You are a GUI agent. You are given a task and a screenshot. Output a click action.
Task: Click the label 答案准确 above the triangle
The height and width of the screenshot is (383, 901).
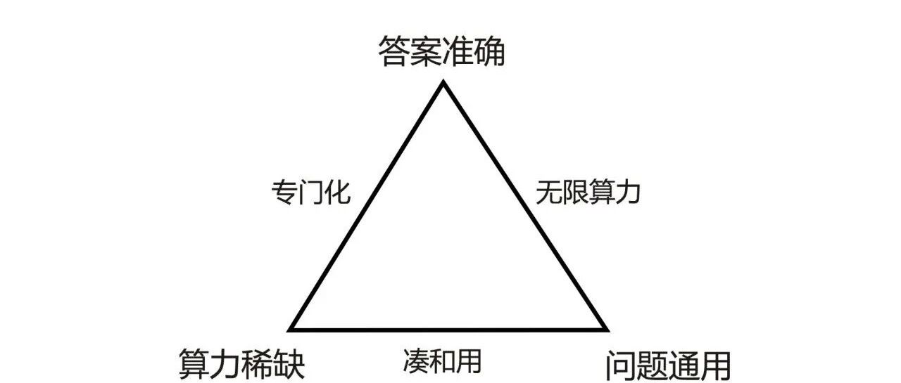[x=441, y=51]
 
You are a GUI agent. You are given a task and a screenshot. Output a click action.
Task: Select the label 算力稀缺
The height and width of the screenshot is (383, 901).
[x=241, y=364]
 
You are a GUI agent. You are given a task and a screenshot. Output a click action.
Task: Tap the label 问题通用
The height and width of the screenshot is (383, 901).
[x=668, y=365]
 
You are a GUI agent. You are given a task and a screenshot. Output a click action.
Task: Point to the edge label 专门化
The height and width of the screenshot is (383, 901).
[x=311, y=193]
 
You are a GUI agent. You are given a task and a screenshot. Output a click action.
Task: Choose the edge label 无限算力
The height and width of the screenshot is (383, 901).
[x=588, y=193]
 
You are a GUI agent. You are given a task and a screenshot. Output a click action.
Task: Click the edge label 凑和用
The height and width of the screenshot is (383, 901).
[x=442, y=361]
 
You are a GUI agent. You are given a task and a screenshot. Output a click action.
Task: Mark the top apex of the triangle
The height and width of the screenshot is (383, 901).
[x=443, y=82]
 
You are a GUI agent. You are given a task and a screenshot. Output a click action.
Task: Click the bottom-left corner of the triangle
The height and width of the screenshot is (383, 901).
[x=289, y=331]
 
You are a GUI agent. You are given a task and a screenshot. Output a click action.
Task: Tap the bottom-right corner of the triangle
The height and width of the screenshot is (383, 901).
[x=608, y=331]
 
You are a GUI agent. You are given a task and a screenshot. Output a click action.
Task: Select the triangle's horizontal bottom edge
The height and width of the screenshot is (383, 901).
[x=448, y=330]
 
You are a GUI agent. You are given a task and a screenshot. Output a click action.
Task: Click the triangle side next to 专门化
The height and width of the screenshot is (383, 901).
[x=366, y=206]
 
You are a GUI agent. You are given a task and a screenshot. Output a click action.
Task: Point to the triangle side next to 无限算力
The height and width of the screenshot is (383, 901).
[x=526, y=206]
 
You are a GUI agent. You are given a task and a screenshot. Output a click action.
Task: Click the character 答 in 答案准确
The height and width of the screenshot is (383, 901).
[x=393, y=51]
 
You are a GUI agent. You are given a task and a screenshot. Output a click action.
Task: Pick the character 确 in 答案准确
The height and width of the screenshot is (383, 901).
[x=489, y=51]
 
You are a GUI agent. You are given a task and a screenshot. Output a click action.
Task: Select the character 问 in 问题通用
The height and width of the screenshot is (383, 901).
[x=622, y=365]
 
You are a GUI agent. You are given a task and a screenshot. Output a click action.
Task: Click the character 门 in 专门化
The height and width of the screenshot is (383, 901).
[x=311, y=193]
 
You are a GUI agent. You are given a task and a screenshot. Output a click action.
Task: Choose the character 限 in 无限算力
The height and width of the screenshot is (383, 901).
[x=574, y=193]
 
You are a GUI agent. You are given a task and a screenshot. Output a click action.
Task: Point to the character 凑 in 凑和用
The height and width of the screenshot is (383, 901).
[x=416, y=361]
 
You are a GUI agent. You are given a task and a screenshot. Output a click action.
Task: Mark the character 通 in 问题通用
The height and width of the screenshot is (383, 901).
[x=683, y=365]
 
